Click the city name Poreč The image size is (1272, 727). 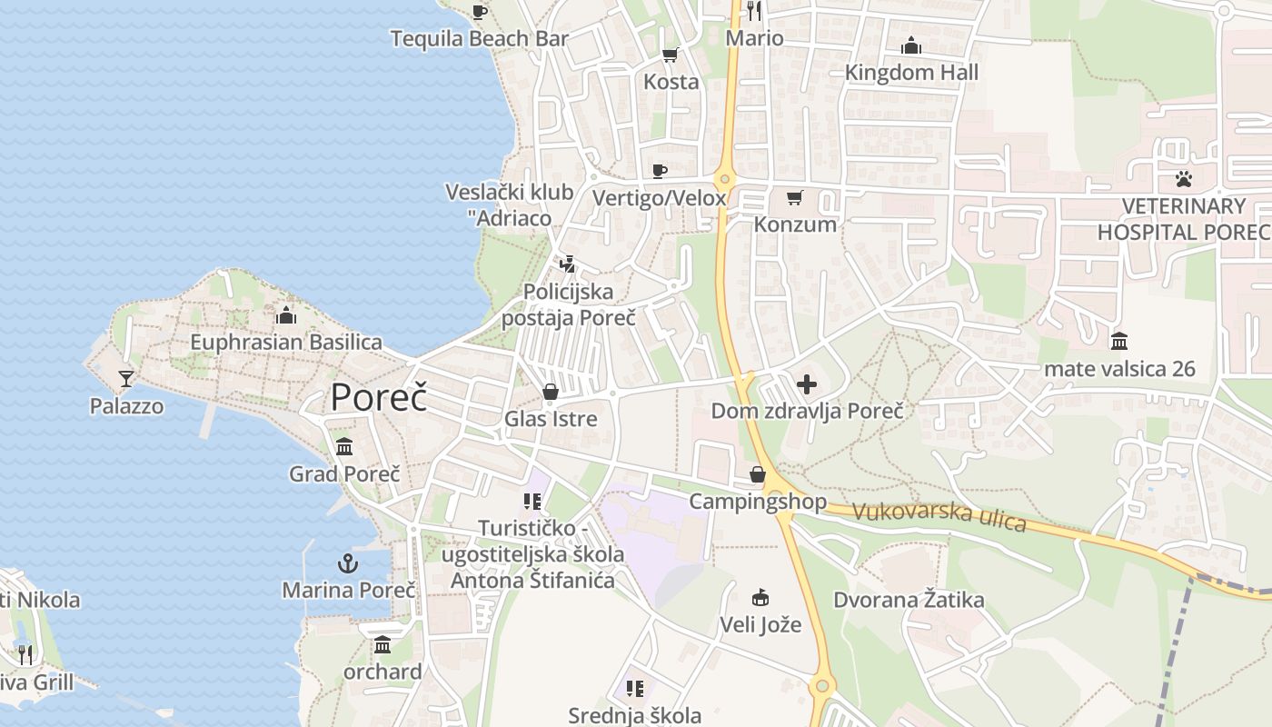[378, 397]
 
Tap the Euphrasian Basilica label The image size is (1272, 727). [286, 343]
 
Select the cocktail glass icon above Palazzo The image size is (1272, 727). [126, 378]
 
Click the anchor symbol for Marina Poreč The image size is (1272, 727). [348, 563]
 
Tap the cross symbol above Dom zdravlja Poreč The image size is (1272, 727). [807, 384]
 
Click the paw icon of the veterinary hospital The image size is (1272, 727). [1183, 179]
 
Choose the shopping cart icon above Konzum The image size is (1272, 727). [795, 197]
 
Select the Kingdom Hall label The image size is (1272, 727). [911, 73]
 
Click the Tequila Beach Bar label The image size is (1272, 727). [479, 38]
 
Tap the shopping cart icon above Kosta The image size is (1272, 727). [671, 55]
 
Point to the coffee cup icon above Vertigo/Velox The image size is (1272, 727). [660, 171]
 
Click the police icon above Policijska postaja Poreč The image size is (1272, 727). [568, 264]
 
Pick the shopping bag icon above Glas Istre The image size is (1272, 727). [550, 392]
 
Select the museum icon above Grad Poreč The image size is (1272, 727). [344, 447]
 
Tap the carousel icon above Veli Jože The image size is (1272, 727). [760, 597]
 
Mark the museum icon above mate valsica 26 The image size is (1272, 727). [1119, 341]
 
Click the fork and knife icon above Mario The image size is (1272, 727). [754, 11]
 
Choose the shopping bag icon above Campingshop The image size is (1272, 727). [758, 474]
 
